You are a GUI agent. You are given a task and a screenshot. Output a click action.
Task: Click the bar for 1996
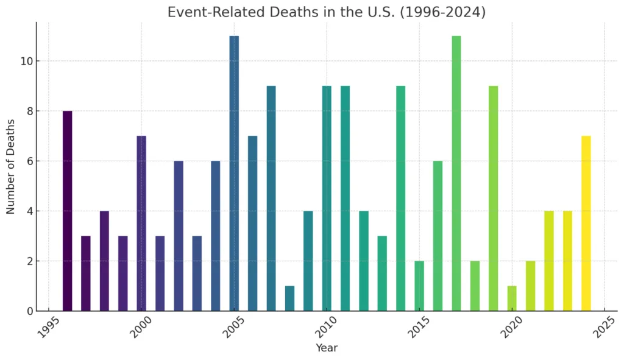(67, 211)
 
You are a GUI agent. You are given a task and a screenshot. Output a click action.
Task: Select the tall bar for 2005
(234, 174)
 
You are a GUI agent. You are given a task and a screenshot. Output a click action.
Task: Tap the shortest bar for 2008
(289, 298)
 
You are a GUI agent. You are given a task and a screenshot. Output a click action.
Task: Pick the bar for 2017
(456, 174)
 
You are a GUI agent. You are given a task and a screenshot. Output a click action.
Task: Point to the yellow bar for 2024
(586, 224)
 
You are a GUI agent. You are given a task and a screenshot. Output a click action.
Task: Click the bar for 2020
(512, 298)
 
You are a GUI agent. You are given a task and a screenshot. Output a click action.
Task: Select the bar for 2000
(141, 224)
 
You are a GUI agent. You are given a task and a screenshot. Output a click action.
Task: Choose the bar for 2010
(327, 199)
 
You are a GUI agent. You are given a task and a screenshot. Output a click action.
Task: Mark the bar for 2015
(419, 286)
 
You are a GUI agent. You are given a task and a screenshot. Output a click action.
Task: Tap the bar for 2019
(494, 199)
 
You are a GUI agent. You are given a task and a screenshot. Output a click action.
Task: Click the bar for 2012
(364, 261)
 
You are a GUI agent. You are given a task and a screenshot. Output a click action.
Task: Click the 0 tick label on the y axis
(30, 311)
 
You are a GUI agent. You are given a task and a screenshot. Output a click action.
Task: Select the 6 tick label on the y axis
(30, 161)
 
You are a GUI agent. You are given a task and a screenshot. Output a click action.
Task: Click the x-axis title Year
(327, 348)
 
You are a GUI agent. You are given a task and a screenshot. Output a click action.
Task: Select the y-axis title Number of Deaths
(11, 167)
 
